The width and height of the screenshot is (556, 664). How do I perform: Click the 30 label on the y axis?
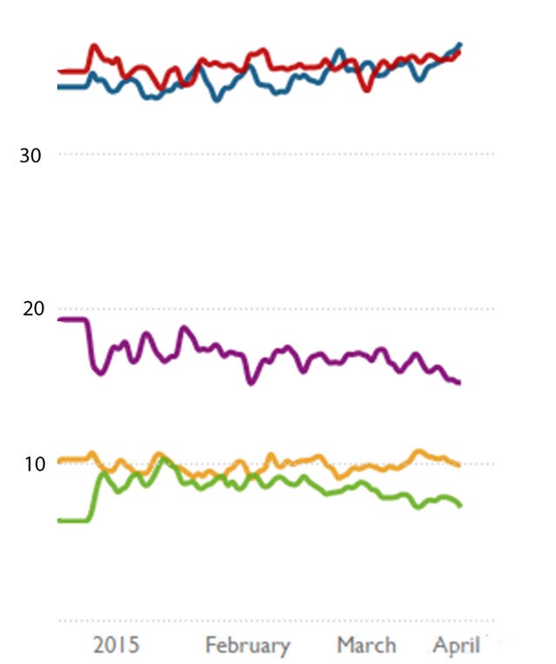tap(30, 155)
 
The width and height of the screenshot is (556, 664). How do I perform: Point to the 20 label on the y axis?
tap(30, 310)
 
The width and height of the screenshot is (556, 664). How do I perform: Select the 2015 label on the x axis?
tap(116, 646)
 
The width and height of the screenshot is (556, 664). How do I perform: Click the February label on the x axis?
tap(248, 646)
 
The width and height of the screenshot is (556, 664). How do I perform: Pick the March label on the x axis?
tap(367, 646)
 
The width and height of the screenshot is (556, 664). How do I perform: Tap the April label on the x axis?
tap(457, 646)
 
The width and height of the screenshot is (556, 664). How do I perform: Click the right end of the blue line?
tap(460, 44)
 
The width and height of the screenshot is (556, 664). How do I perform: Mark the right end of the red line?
tap(459, 53)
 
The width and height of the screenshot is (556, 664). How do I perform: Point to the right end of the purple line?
tap(459, 382)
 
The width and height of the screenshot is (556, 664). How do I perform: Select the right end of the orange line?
tap(459, 464)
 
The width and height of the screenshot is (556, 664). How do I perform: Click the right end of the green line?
tap(460, 505)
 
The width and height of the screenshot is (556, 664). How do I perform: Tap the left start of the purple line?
tap(58, 319)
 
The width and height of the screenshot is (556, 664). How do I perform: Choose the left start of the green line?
tap(58, 520)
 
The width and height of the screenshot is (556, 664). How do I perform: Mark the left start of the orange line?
tap(58, 459)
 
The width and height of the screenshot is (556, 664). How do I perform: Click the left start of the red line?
tap(58, 71)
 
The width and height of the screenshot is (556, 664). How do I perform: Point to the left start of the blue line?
tap(58, 86)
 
